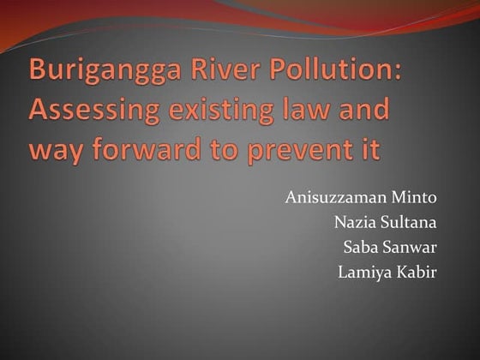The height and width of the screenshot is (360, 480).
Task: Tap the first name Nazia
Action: (352, 225)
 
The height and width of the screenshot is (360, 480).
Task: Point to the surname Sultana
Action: (408, 225)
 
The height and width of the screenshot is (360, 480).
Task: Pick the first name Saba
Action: (359, 249)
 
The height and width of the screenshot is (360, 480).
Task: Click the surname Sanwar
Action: (410, 249)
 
